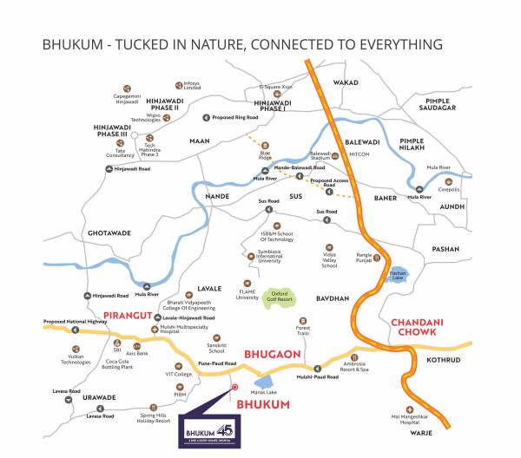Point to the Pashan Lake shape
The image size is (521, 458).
coord(398,276)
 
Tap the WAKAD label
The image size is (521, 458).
coord(346,82)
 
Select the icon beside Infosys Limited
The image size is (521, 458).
coord(178,85)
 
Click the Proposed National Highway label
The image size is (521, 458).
coord(75,322)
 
